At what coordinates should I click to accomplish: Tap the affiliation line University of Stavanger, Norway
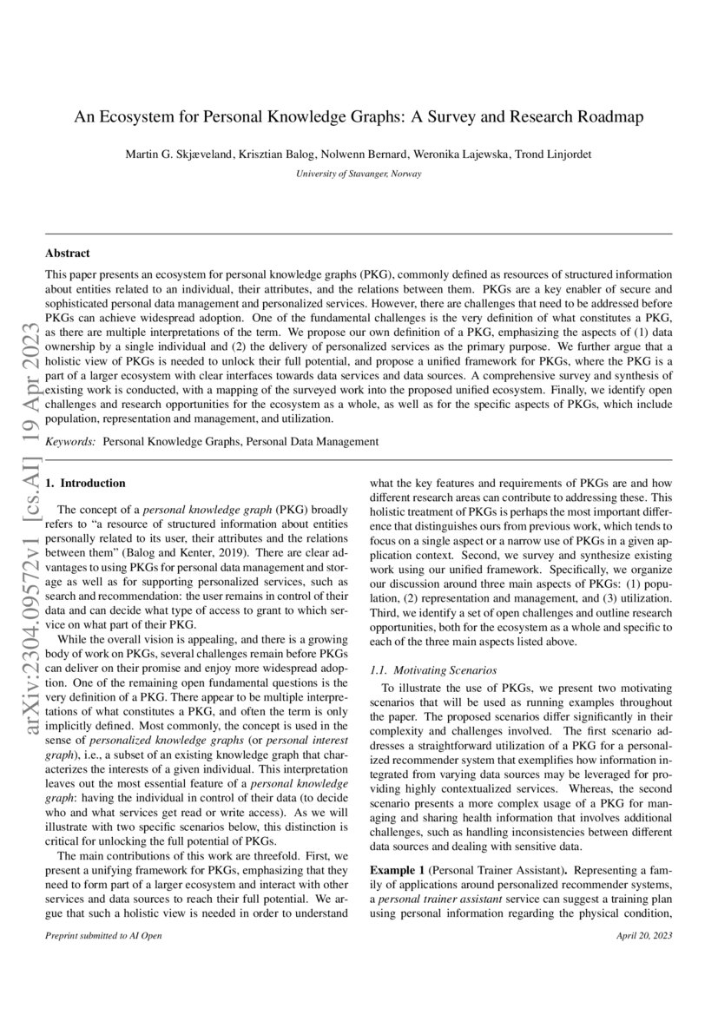tap(359, 174)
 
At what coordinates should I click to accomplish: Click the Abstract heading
tap(68, 254)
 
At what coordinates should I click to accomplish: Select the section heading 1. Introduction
tap(85, 483)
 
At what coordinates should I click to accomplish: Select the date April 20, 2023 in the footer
tap(643, 936)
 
